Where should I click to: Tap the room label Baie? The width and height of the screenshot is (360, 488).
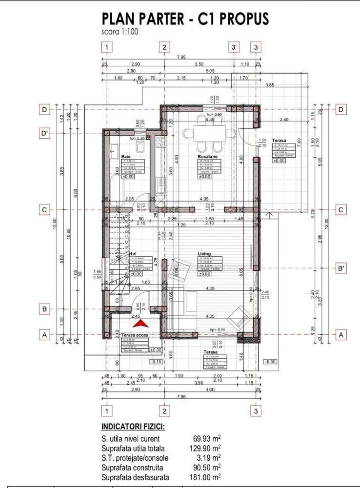(126, 157)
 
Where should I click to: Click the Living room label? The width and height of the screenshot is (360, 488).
(204, 254)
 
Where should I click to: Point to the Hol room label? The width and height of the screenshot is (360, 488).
(132, 254)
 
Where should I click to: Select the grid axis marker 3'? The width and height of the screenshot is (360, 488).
(235, 47)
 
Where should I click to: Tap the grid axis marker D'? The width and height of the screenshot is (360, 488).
(45, 133)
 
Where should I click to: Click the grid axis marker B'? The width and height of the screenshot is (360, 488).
(341, 268)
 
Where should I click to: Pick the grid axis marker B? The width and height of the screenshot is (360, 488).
(45, 309)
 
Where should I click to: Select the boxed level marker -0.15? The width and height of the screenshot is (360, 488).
(157, 362)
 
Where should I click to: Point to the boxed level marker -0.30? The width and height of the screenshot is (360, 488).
(269, 362)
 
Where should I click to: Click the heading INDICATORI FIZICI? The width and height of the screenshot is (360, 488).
(133, 427)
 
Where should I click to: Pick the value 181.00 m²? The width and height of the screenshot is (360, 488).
(204, 477)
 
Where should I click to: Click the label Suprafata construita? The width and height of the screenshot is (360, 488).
(132, 468)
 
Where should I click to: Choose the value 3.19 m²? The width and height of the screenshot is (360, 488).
(209, 458)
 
